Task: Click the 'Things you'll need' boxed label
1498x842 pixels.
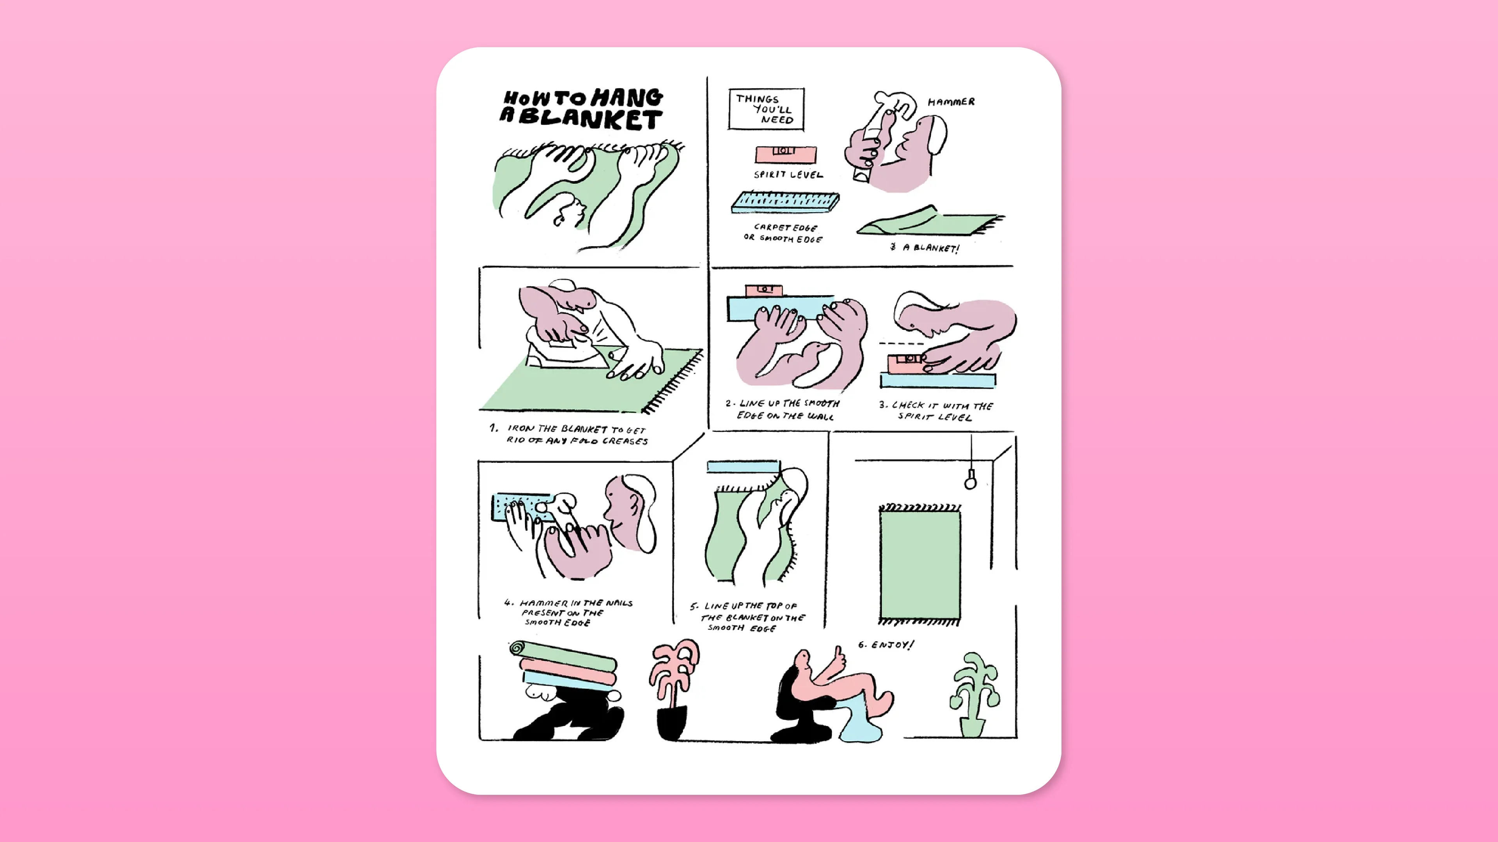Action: tap(766, 109)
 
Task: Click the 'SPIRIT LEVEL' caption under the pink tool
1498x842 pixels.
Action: tap(788, 174)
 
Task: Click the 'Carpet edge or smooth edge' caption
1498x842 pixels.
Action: tap(784, 233)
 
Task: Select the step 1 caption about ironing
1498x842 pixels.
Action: tap(576, 435)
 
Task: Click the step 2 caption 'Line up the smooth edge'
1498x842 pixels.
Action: tap(783, 409)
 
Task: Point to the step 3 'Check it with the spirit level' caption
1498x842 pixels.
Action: tap(935, 411)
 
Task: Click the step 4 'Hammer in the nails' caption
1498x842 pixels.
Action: tap(570, 612)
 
